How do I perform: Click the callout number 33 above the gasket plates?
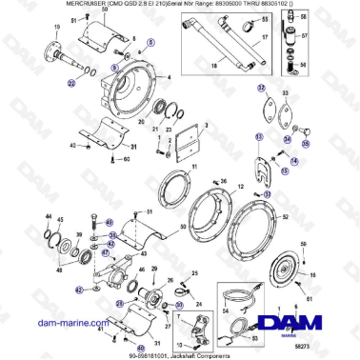284,92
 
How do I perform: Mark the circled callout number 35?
306,145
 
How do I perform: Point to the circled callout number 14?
293,159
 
